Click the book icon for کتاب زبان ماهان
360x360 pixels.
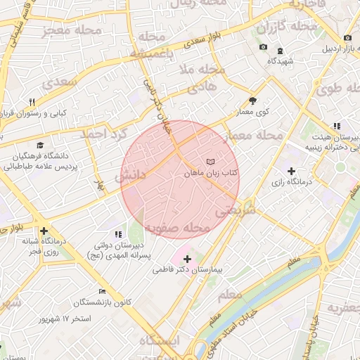point(212,162)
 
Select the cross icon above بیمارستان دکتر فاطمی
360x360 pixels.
point(187,259)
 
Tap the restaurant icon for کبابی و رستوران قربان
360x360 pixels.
point(32,102)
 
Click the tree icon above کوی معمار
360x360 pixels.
point(252,101)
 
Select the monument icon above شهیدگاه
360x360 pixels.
point(280,51)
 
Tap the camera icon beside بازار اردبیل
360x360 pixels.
point(347,38)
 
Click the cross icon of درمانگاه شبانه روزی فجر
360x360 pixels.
point(44,231)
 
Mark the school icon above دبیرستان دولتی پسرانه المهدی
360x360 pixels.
point(117,234)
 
